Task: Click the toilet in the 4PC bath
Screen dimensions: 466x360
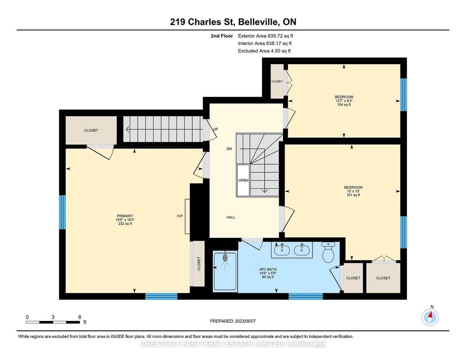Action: (x=328, y=252)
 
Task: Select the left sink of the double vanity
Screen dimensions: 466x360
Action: (x=282, y=250)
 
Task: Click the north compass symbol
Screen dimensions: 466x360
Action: (x=430, y=317)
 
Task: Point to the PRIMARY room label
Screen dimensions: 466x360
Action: (x=125, y=216)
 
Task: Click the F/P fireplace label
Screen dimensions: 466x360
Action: (x=180, y=216)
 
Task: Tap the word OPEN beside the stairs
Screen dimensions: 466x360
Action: (x=243, y=180)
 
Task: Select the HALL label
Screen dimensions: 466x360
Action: (x=231, y=217)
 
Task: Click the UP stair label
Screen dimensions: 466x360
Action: (x=216, y=129)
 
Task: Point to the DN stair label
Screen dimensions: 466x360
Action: (x=229, y=149)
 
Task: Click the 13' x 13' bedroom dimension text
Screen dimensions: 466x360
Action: (x=353, y=191)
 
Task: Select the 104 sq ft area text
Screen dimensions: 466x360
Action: (x=344, y=105)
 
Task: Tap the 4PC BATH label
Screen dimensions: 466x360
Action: (x=268, y=269)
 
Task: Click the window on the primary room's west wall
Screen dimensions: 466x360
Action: (x=62, y=212)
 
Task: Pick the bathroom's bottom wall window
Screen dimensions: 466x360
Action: (x=306, y=296)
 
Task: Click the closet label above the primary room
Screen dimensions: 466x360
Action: (x=91, y=130)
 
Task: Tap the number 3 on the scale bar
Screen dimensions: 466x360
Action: (x=53, y=317)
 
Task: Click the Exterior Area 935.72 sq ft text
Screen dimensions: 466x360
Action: (x=266, y=36)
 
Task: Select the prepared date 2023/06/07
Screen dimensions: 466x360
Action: (x=245, y=321)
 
